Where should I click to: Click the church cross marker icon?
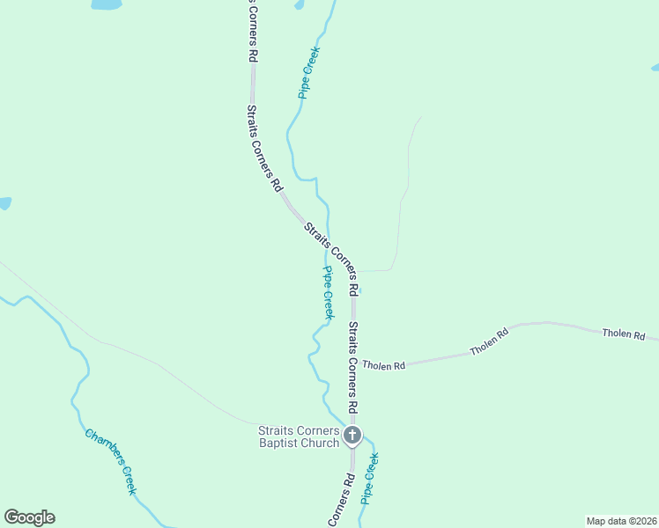click(352, 435)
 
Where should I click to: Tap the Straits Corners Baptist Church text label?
click(299, 436)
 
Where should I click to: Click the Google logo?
click(29, 517)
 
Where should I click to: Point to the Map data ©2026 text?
click(621, 521)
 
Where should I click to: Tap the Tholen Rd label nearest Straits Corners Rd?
click(383, 364)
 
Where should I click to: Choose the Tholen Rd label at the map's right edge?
click(624, 334)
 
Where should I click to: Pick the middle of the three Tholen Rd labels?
click(490, 341)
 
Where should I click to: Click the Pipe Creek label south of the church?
click(370, 478)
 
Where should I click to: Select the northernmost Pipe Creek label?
click(308, 72)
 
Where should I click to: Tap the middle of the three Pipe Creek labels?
click(328, 292)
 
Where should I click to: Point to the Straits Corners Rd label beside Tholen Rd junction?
click(352, 367)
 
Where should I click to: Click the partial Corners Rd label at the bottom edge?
click(342, 501)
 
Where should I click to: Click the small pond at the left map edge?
click(4, 203)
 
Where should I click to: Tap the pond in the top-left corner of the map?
click(105, 4)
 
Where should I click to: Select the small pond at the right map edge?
click(655, 67)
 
